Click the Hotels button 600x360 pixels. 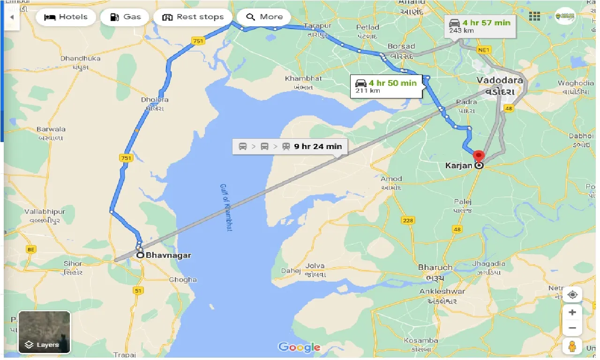click(x=66, y=17)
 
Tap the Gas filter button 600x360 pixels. click(x=125, y=17)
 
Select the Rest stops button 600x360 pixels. click(x=193, y=17)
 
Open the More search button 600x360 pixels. click(x=264, y=17)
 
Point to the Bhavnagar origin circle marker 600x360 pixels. click(x=140, y=255)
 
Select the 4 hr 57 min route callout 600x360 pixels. click(x=480, y=26)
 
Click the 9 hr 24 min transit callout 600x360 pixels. click(x=290, y=146)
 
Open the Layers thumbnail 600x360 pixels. click(x=45, y=332)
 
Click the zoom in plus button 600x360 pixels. click(x=572, y=312)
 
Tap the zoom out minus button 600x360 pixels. click(x=572, y=328)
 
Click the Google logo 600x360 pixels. click(x=299, y=347)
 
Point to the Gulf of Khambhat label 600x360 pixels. click(x=226, y=207)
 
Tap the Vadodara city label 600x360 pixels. click(x=499, y=80)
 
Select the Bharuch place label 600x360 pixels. click(x=435, y=268)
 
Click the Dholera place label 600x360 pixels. click(x=155, y=100)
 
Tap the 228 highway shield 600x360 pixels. click(x=408, y=220)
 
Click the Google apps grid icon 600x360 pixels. click(x=534, y=16)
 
